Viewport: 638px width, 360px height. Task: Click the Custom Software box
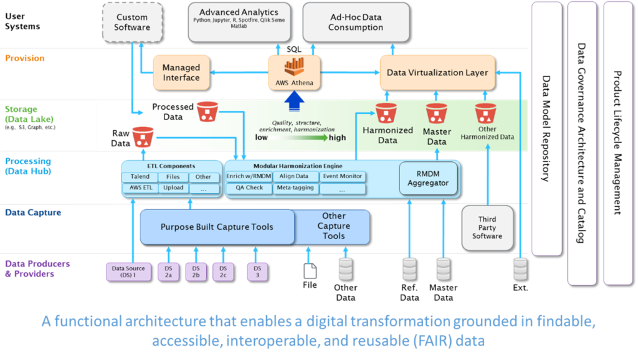(x=132, y=22)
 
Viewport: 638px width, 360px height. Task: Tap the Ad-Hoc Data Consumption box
(x=356, y=22)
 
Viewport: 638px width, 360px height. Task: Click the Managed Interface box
(x=181, y=72)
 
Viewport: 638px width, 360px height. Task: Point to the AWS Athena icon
(x=293, y=67)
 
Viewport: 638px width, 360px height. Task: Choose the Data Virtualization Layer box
(x=437, y=72)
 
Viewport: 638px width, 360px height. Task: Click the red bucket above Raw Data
(x=143, y=135)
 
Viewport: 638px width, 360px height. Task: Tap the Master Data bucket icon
(x=436, y=115)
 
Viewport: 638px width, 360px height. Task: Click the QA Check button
(x=249, y=188)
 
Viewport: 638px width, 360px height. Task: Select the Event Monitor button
(x=342, y=177)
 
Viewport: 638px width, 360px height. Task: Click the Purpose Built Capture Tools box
(x=217, y=227)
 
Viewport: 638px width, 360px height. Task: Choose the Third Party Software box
(x=487, y=227)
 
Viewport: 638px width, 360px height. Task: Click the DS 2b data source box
(x=196, y=272)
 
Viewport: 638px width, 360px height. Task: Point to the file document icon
(x=309, y=270)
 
